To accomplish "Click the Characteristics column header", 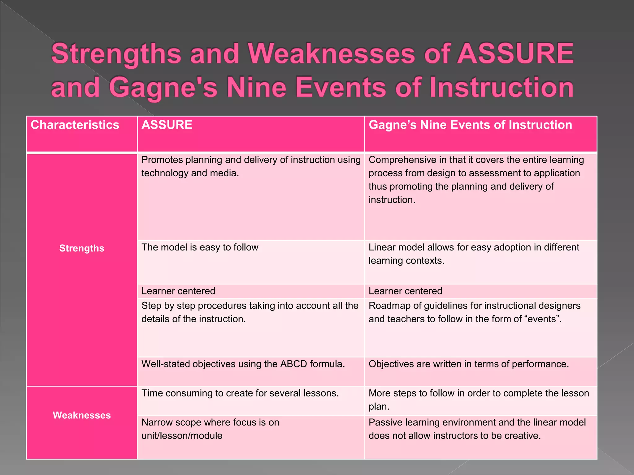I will coord(75,125).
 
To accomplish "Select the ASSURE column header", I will coord(167,125).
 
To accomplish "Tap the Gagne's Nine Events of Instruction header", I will coord(470,125).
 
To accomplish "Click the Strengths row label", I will coord(82,248).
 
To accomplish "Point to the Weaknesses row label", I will coord(82,415).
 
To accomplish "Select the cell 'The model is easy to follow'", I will coord(200,247).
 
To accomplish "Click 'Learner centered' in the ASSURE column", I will coord(178,291).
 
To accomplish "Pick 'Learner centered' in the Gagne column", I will coord(405,291).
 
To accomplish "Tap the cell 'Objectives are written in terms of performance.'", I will coord(469,364).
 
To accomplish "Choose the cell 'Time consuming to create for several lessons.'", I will coord(240,393).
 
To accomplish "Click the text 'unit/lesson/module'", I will coord(182,436).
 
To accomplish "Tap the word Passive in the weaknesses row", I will coord(384,422).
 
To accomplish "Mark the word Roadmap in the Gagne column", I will coord(388,306).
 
